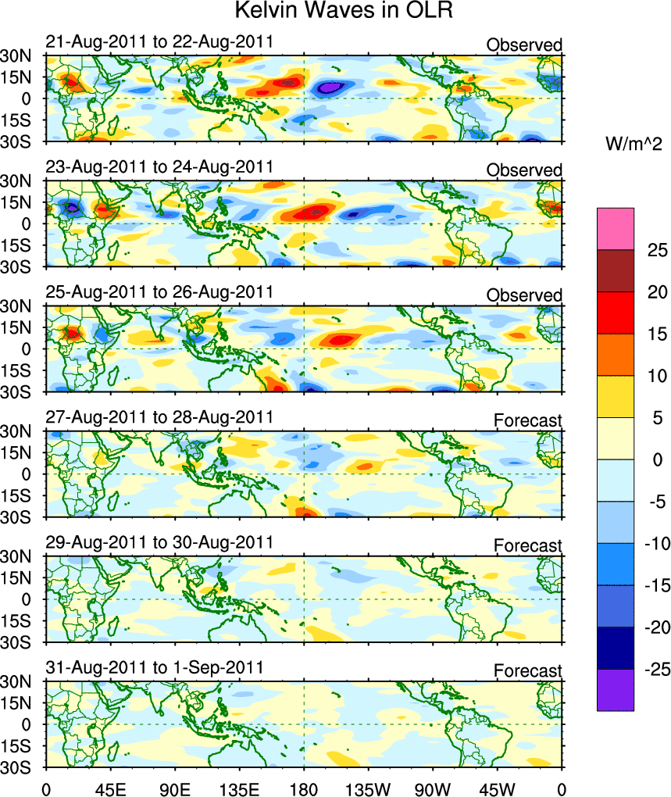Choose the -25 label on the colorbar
(x=654, y=670)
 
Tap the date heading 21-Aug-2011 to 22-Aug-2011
(x=159, y=41)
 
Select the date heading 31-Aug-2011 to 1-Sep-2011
(x=153, y=667)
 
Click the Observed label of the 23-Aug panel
(x=524, y=170)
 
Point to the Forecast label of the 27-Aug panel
(x=527, y=421)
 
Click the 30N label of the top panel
(x=16, y=55)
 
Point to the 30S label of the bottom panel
(x=16, y=767)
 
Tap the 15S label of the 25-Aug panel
(x=16, y=370)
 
